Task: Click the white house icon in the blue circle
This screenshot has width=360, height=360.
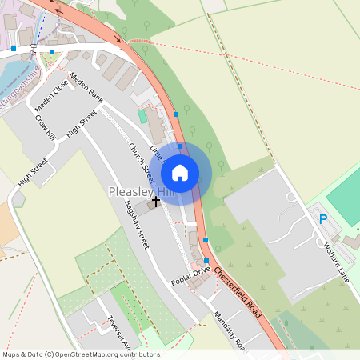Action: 180,172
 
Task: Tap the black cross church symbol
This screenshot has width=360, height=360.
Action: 155,202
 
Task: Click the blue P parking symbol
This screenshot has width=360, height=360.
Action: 323,218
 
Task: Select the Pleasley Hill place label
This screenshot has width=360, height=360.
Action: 141,193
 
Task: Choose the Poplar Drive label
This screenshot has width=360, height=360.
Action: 190,276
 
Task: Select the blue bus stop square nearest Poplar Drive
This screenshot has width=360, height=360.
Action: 207,262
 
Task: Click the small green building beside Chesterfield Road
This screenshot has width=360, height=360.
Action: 142,116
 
